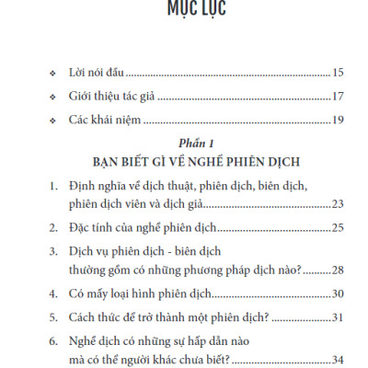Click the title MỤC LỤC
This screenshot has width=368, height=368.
[184, 9]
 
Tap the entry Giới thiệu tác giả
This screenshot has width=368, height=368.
[113, 97]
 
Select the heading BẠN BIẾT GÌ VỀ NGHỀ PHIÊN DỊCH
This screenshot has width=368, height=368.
[185, 163]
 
